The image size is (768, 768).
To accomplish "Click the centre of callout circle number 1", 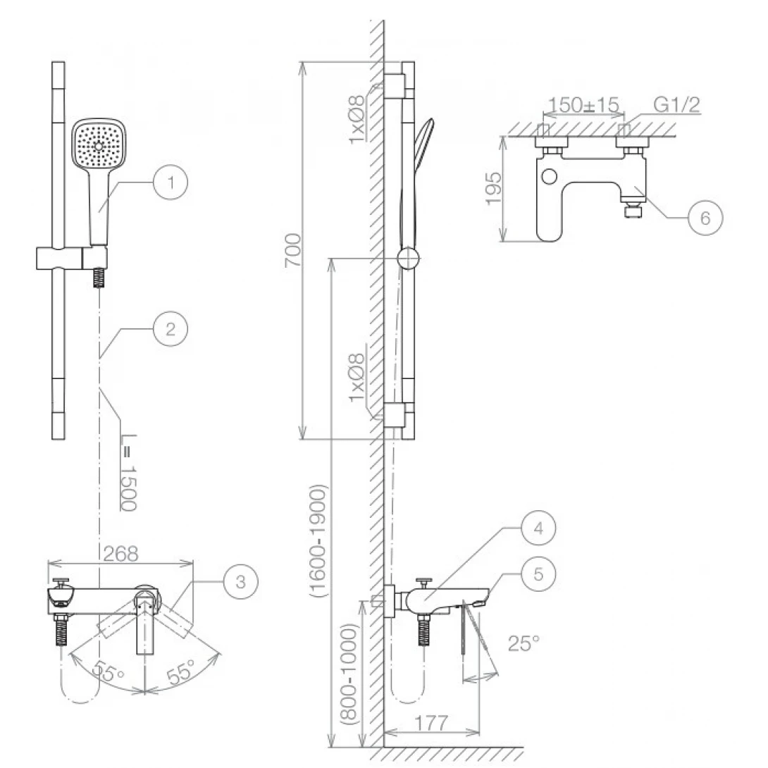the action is coord(171,182).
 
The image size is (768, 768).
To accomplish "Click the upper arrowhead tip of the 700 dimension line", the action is coord(303,62).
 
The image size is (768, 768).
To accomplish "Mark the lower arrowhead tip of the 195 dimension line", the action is coord(503,242).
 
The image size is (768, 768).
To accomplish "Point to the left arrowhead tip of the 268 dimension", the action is coord(48,564).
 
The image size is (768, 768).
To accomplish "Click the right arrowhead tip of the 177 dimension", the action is coord(480,733).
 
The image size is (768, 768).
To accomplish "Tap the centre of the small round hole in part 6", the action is coord(550,176).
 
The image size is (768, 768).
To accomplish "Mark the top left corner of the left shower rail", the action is coord(52,62).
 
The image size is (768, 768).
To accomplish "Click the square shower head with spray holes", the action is coord(99,145).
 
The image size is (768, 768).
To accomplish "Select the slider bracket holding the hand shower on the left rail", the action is coord(71,258).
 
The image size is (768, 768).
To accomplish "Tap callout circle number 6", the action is coord(705,218).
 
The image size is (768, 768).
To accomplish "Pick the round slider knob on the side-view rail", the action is coord(408,258).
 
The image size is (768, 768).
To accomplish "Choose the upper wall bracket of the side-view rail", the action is coord(395,86).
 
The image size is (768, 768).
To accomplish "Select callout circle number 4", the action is coord(538,528).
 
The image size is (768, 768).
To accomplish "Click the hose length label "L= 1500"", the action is coord(128,472).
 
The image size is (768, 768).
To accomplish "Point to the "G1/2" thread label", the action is coord(676,105).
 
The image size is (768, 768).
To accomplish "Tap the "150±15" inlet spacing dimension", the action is coord(583,105).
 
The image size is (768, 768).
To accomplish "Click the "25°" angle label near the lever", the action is coord(523,643).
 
